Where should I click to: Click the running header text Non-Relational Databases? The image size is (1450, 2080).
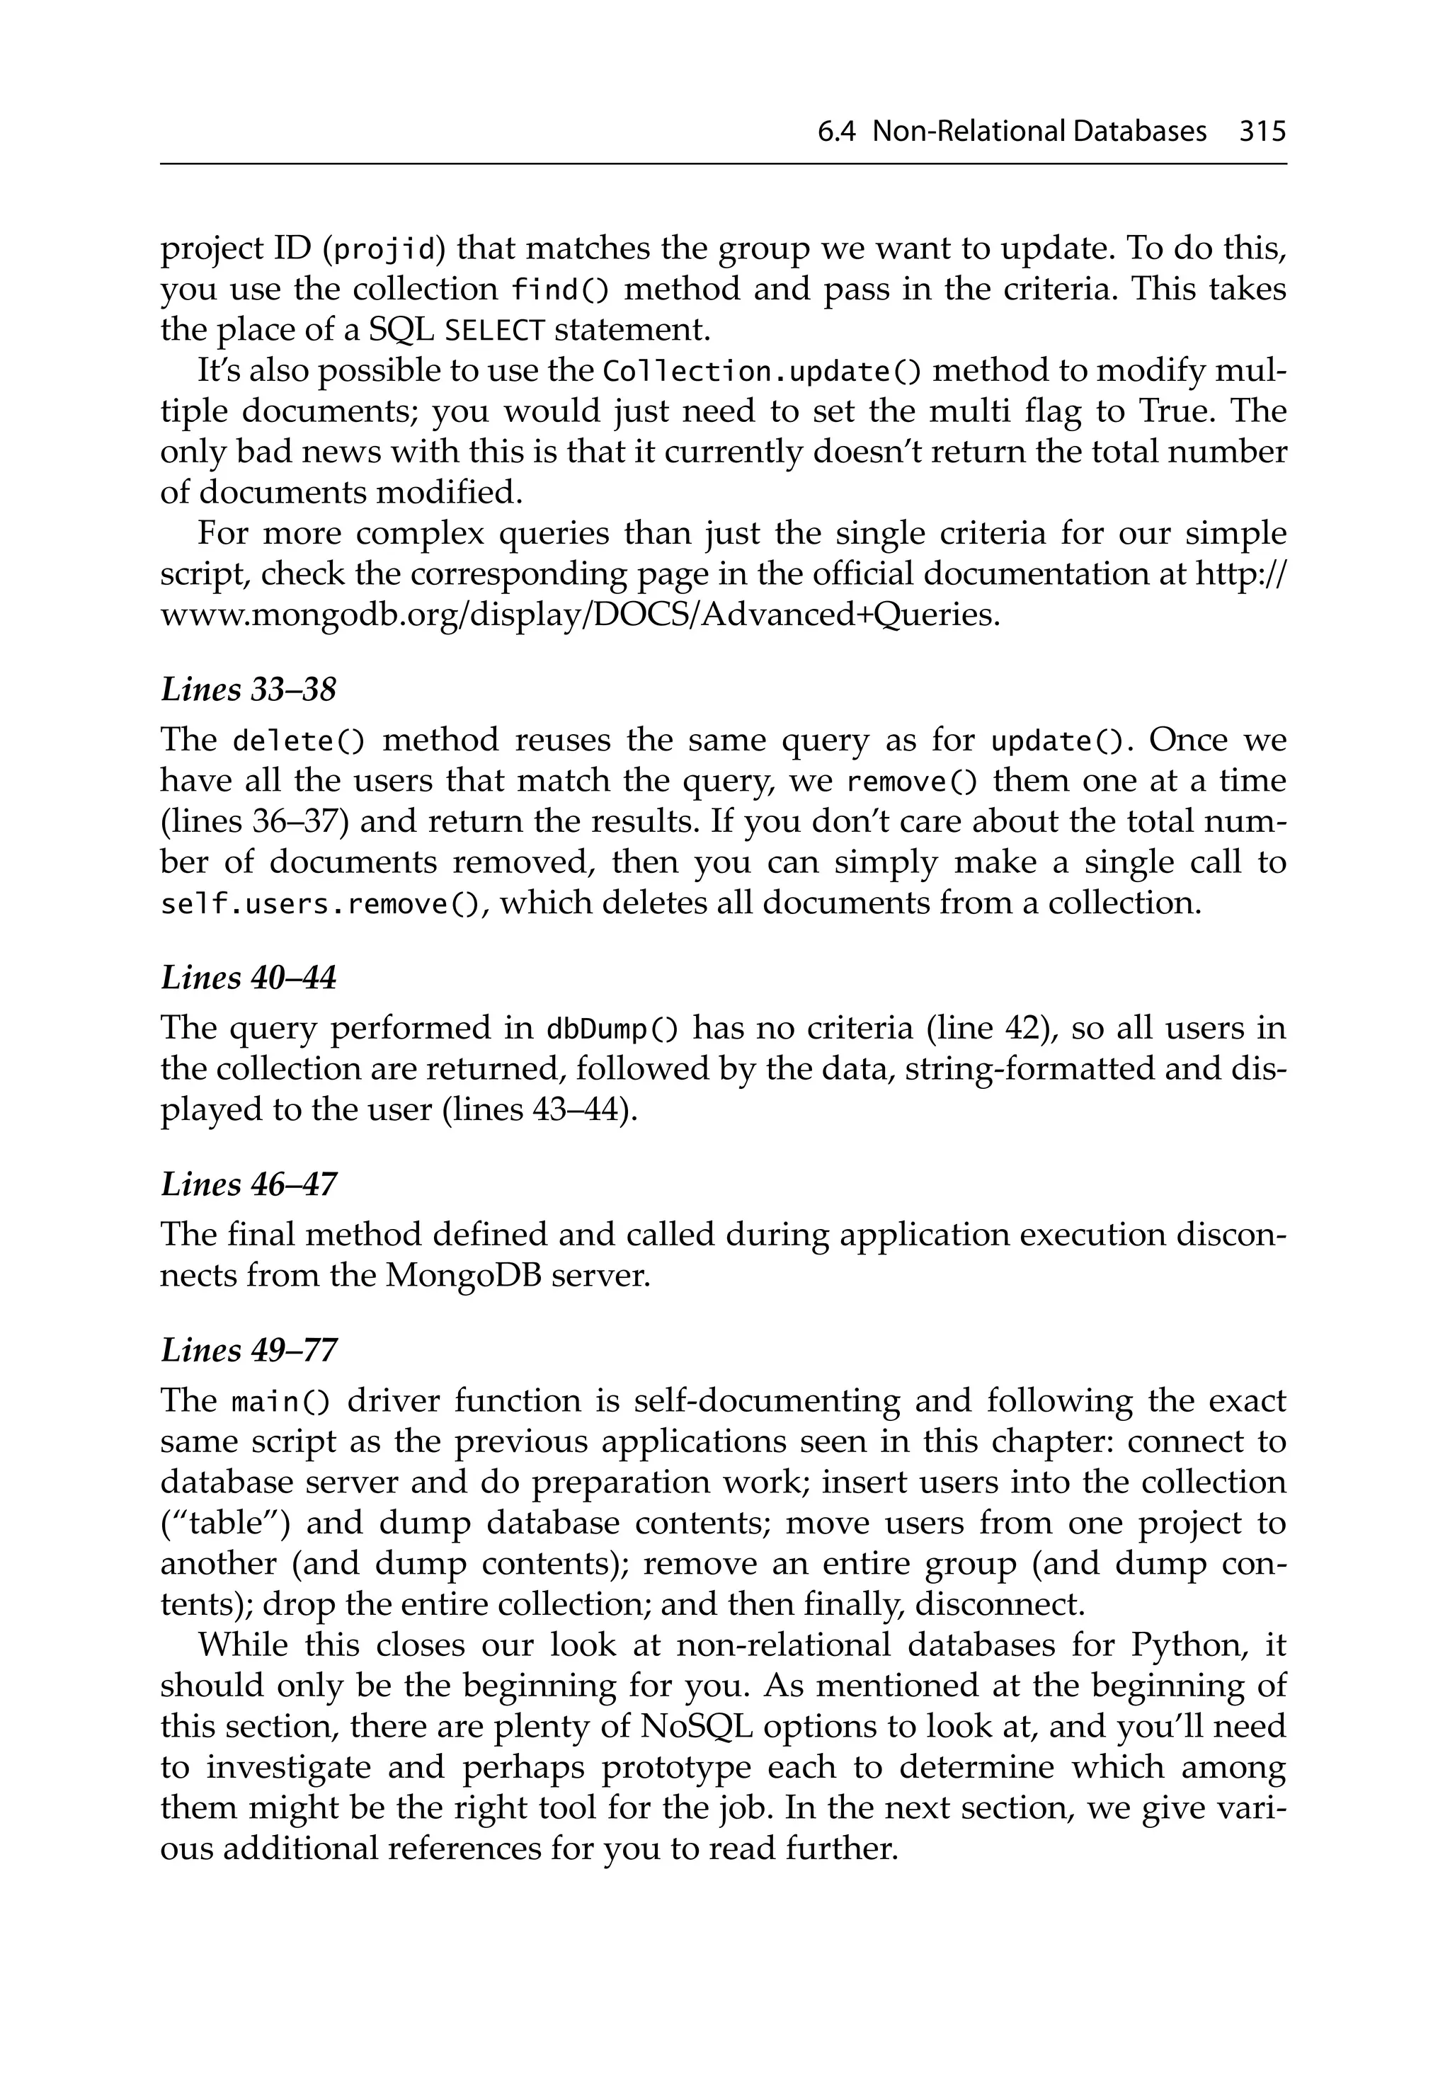[1039, 132]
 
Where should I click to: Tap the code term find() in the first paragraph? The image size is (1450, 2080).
[560, 290]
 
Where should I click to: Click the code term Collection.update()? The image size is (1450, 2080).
[762, 372]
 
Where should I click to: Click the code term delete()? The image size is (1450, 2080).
[298, 741]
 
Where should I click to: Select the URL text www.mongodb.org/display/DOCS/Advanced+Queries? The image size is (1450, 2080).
[580, 615]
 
